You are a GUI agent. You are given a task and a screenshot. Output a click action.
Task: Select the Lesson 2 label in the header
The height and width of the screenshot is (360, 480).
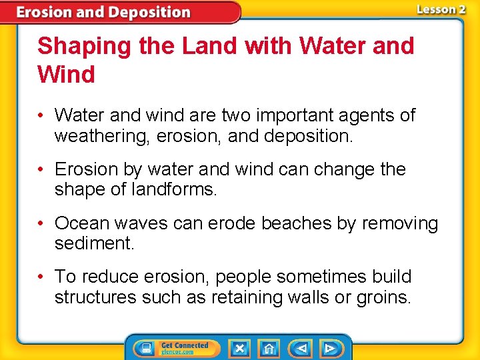(441, 9)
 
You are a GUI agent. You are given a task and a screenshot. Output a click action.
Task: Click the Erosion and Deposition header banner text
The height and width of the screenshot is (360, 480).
(103, 12)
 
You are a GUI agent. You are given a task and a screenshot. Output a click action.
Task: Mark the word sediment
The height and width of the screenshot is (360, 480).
(94, 243)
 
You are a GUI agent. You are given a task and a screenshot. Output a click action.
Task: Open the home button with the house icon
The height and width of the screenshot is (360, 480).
(269, 348)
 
